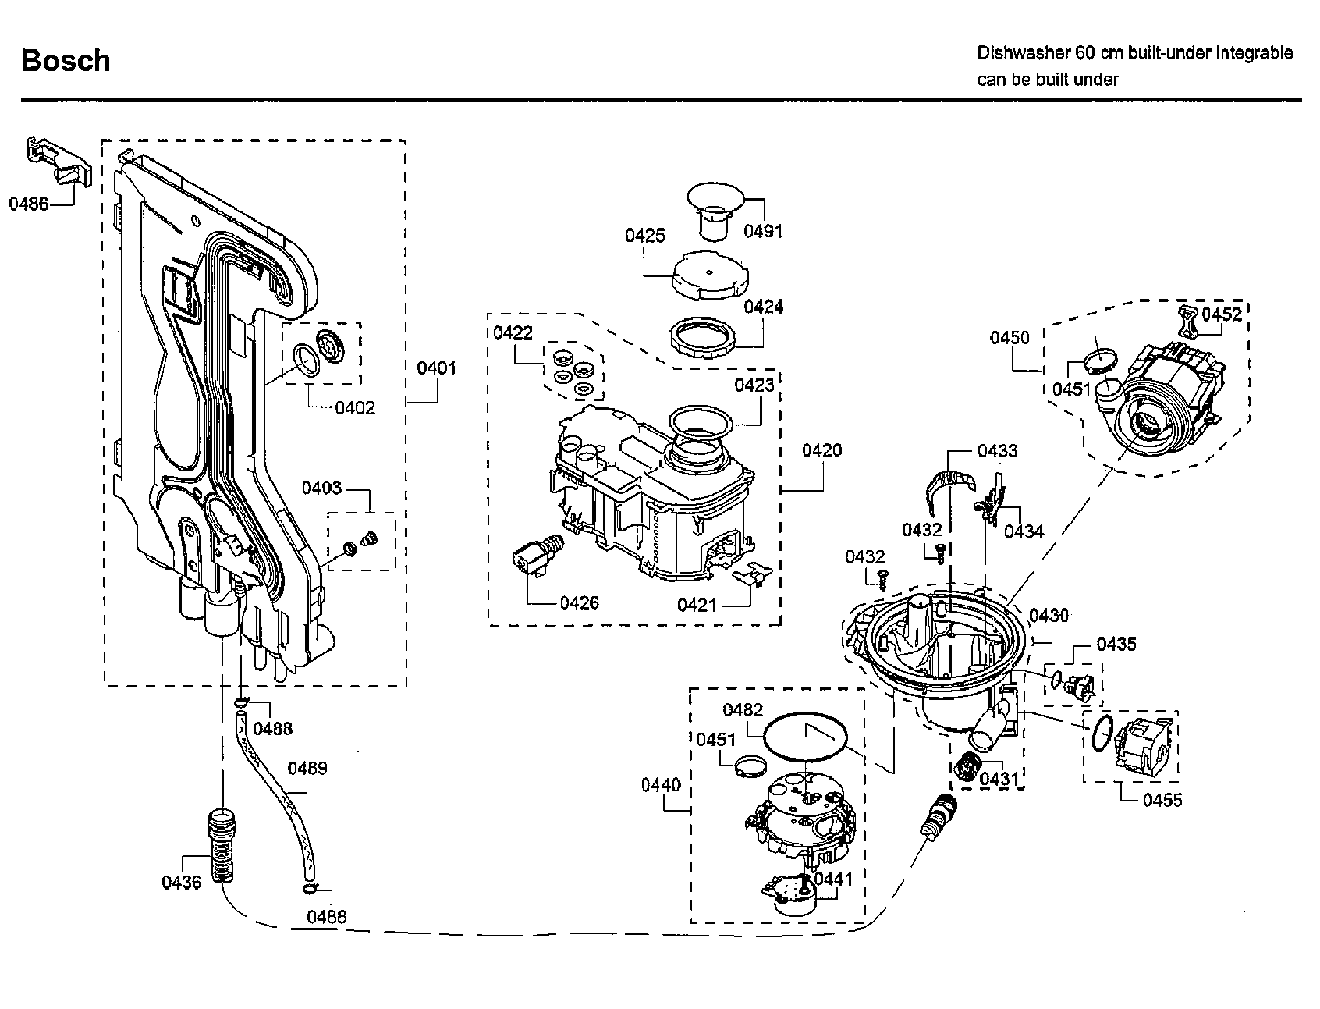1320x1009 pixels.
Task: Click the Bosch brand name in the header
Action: point(66,61)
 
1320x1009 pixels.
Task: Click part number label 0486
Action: point(28,204)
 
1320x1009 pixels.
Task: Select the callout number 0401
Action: point(436,368)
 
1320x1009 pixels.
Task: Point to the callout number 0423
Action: point(754,385)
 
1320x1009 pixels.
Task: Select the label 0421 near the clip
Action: point(696,605)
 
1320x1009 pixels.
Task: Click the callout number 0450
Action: point(1010,338)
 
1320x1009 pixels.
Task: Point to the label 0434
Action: point(1024,531)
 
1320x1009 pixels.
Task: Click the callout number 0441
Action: point(833,879)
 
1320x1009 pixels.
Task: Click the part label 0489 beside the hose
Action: point(307,768)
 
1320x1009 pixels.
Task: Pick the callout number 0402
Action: point(355,407)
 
